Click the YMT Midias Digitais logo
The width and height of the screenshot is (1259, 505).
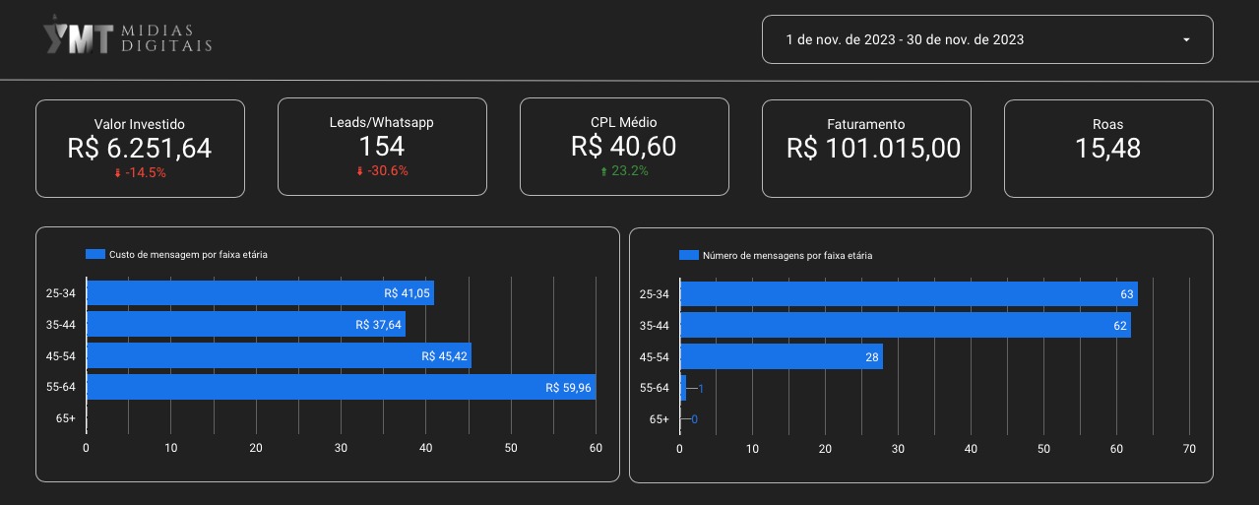click(x=127, y=38)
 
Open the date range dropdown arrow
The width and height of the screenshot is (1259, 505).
click(x=1186, y=40)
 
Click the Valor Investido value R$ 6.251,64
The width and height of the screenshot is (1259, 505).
click(x=140, y=148)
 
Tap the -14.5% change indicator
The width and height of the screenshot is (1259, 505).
click(x=140, y=172)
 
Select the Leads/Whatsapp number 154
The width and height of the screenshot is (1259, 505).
click(x=382, y=147)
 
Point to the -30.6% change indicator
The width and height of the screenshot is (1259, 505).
click(x=382, y=170)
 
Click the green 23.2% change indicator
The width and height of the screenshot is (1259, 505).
click(x=624, y=170)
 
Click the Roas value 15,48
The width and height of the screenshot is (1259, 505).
click(x=1108, y=148)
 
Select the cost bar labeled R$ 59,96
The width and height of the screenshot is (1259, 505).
click(x=341, y=388)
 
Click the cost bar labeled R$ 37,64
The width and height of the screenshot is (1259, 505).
click(x=246, y=325)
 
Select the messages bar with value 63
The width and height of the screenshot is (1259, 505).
click(x=908, y=293)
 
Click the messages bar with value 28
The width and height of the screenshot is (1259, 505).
click(x=781, y=356)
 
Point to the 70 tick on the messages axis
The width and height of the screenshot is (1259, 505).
click(x=1189, y=449)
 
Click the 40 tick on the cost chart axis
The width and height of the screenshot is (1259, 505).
click(x=426, y=449)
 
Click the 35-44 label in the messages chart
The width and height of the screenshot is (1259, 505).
click(x=654, y=325)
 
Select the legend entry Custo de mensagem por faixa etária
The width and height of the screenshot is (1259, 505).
click(x=177, y=254)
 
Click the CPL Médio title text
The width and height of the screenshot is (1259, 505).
click(x=624, y=122)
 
